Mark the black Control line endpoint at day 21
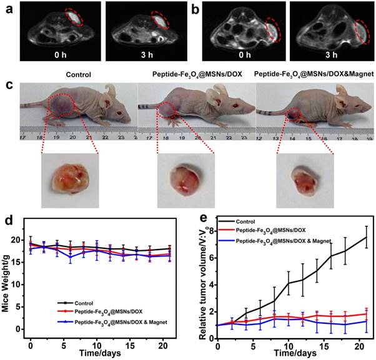tap(365, 237)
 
